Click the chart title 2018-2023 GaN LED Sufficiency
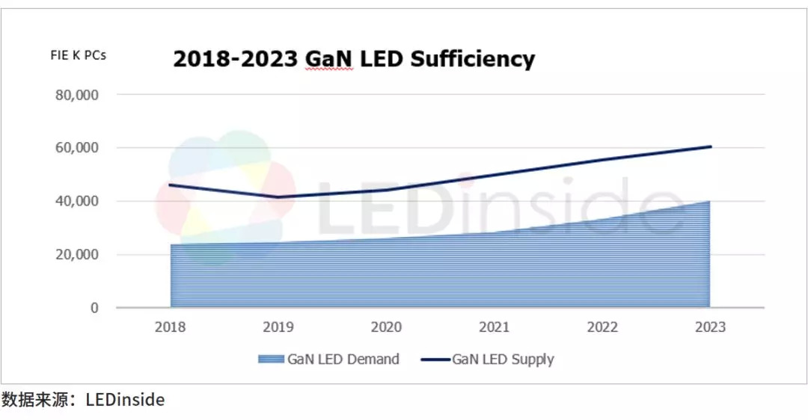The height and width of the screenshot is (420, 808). [354, 59]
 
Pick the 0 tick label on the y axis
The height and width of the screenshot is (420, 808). [94, 308]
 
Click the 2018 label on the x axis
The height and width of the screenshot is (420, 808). [171, 327]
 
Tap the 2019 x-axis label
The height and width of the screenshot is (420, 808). [278, 327]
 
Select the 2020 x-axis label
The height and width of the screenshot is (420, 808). [386, 327]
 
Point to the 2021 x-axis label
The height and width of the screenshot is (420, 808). [494, 327]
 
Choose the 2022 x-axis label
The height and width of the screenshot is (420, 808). [602, 327]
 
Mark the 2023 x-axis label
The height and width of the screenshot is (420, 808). [709, 327]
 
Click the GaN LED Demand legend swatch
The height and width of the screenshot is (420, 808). [271, 359]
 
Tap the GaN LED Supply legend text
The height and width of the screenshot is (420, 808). [503, 359]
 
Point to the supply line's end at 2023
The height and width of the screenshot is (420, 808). [709, 146]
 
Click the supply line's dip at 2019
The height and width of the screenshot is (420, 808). [278, 197]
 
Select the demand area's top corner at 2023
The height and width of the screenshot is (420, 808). [708, 202]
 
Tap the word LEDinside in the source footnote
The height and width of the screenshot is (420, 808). [126, 400]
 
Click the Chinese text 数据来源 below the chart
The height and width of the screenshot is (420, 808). [29, 400]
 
